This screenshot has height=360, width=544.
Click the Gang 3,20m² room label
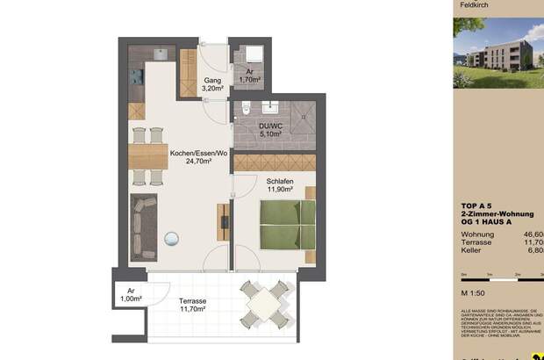click(x=211, y=84)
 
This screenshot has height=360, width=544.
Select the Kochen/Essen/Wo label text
click(x=198, y=155)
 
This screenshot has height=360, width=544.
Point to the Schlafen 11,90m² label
click(x=280, y=186)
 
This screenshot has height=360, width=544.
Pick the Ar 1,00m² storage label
click(x=131, y=295)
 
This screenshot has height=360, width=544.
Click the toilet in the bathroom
click(x=247, y=110)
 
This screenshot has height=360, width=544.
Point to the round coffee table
click(x=170, y=237)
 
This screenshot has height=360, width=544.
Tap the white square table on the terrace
click(x=263, y=304)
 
